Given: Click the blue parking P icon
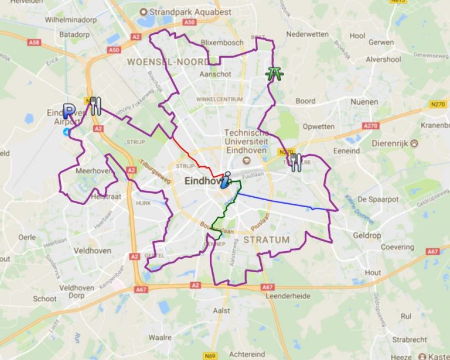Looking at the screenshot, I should (69, 111).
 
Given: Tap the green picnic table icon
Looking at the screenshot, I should (273, 74).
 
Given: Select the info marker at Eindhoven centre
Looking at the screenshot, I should (225, 180).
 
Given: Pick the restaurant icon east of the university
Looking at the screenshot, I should (296, 162).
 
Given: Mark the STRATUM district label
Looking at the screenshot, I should (266, 239).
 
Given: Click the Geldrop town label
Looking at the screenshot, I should (367, 235).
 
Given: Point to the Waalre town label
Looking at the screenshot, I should (160, 337).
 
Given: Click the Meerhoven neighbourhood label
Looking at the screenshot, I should (93, 171).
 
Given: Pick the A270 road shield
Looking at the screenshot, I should (370, 126).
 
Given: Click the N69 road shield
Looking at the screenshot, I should (209, 355).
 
